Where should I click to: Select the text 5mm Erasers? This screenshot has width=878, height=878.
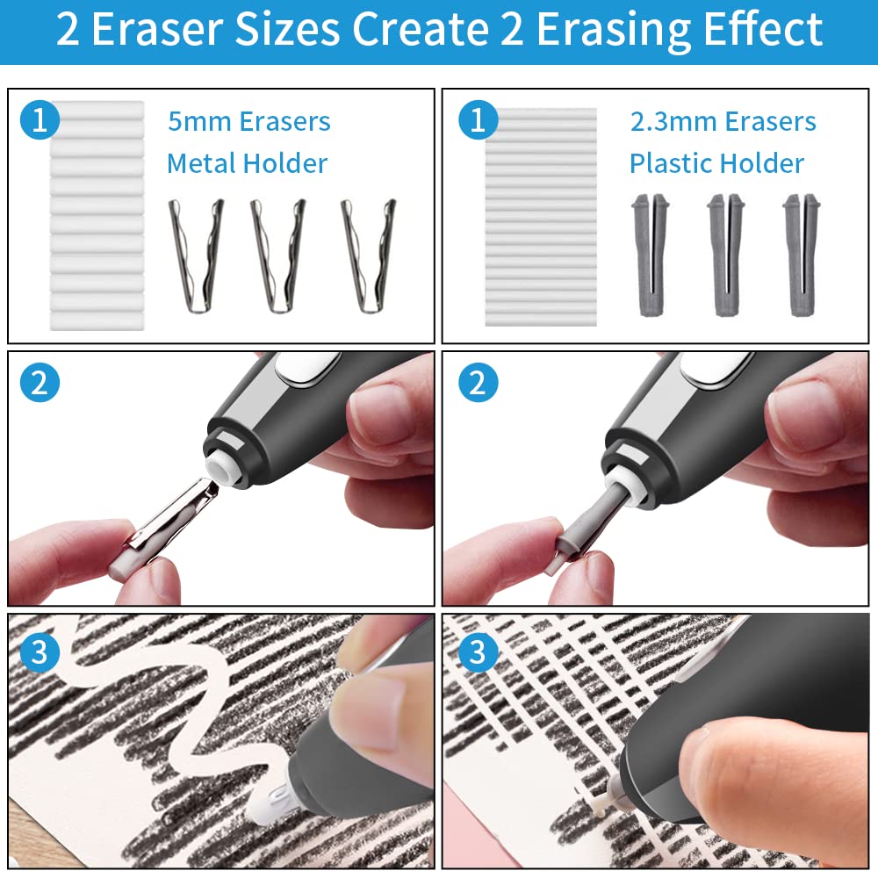click(x=248, y=121)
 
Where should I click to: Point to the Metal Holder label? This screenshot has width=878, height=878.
click(x=247, y=163)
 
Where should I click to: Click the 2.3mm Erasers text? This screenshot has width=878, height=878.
click(x=723, y=121)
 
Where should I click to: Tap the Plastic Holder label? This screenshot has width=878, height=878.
click(x=716, y=163)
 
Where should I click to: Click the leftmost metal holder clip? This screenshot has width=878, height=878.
click(x=194, y=255)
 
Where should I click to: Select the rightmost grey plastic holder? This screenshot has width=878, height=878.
click(x=801, y=255)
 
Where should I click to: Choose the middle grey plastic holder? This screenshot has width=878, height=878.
click(x=725, y=255)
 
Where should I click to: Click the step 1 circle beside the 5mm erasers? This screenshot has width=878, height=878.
click(x=39, y=120)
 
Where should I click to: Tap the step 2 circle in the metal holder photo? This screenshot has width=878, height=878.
click(x=39, y=383)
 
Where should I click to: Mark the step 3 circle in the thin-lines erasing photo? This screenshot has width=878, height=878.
click(x=477, y=650)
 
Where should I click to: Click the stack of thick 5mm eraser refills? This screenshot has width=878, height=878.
click(x=97, y=215)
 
